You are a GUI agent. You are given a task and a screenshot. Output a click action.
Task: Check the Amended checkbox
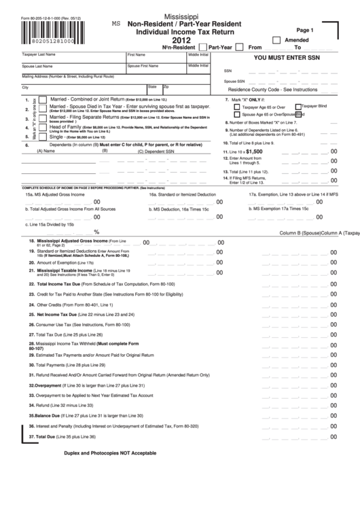(x=276, y=40)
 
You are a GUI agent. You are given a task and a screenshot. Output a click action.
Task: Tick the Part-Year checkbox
(x=202, y=48)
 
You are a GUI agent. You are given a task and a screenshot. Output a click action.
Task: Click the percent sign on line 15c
(x=96, y=232)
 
